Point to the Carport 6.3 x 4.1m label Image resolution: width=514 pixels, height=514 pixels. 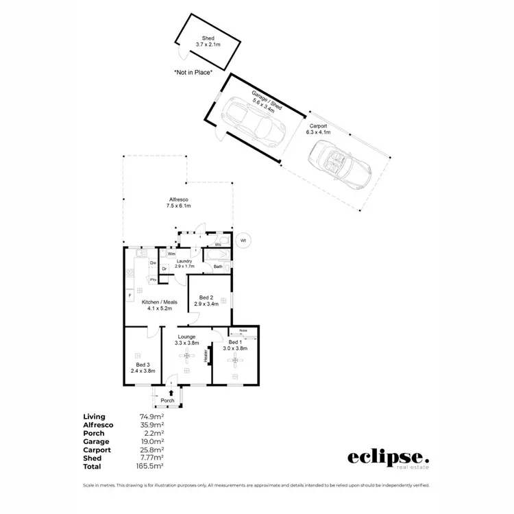point(319,130)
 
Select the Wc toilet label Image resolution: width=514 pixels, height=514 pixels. point(217,244)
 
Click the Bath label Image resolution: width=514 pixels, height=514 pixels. point(217,267)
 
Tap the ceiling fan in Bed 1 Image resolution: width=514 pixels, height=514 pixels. point(235,360)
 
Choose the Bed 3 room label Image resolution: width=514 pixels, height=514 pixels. point(143,367)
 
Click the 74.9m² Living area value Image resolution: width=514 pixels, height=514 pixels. point(151,416)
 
